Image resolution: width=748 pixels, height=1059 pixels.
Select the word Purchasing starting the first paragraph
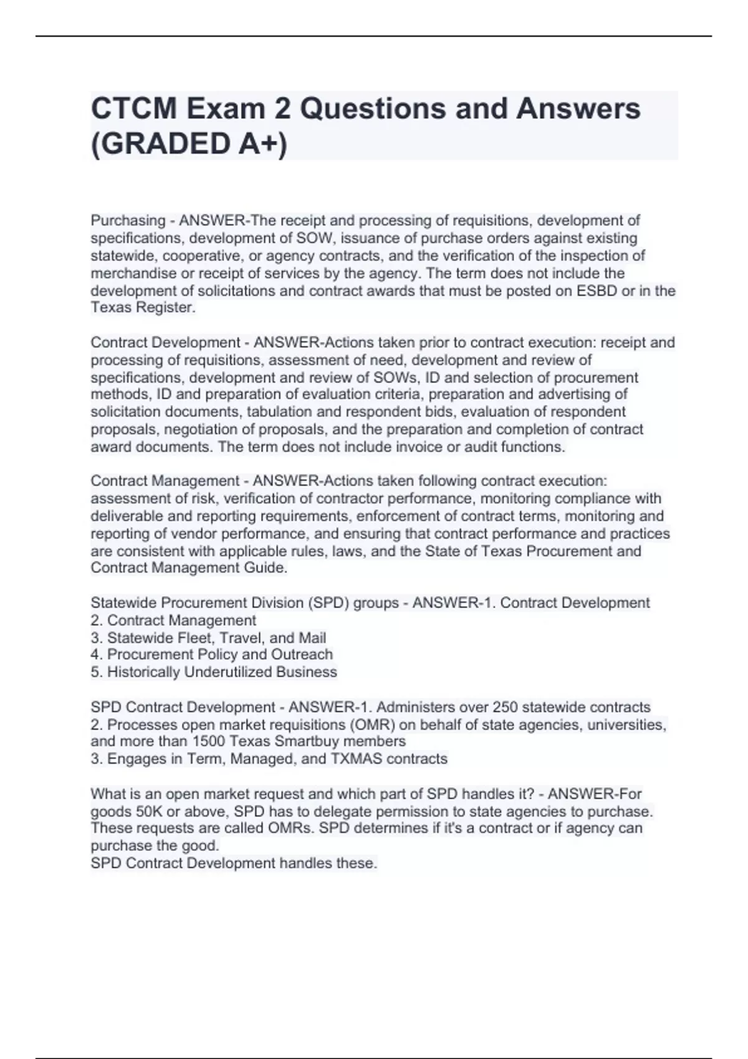coord(128,221)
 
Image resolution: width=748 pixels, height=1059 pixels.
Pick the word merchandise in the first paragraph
coord(133,273)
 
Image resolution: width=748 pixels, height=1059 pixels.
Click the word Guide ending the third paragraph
coord(265,568)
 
